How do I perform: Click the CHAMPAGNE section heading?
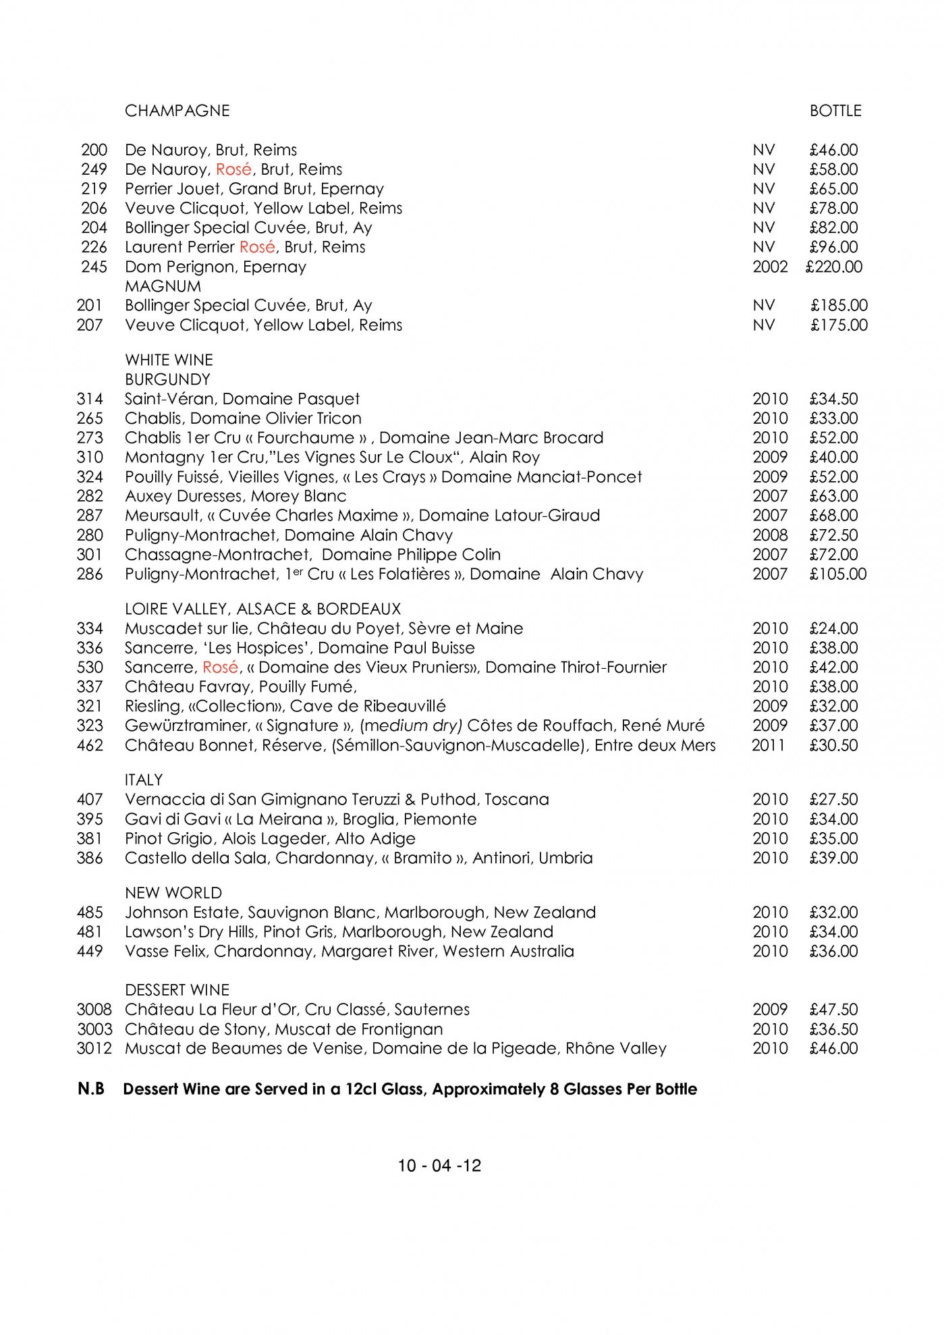pos(177,111)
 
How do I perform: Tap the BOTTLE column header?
pos(835,111)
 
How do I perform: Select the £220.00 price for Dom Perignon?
pos(834,267)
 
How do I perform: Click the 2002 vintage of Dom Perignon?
pos(770,267)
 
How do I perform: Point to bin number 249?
pos(94,169)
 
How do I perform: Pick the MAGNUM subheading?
pos(163,286)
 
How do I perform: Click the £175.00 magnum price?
pos(839,325)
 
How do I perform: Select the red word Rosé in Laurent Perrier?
pos(257,247)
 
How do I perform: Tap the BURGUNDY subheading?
pos(167,379)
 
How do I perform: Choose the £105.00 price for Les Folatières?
pos(838,574)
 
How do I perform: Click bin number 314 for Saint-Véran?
pos(90,399)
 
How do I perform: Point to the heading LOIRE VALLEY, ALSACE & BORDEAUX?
pos(262,609)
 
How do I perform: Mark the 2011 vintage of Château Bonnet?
pos(769,745)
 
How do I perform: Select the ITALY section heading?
pos(144,780)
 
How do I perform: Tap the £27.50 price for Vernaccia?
pos(833,800)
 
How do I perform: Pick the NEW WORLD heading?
pos(173,893)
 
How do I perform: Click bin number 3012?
pos(94,1048)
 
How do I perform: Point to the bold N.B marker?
pos(91,1089)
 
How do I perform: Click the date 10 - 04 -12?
pos(439,1166)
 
